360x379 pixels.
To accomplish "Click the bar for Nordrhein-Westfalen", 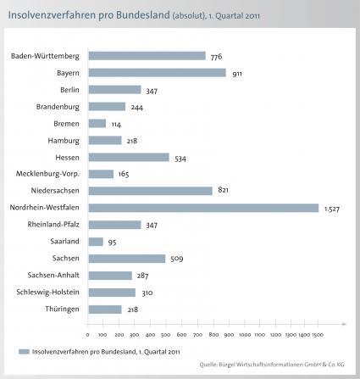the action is tap(203, 208).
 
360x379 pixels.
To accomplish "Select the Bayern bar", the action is tap(158, 73).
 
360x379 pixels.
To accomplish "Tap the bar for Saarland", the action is tap(96, 242).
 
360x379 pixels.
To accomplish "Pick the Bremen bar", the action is tap(97, 124).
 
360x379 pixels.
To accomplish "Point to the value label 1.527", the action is tap(332, 209).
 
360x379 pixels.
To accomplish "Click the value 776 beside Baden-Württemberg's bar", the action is tap(216, 57).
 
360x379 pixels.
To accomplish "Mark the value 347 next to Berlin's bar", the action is tap(152, 91).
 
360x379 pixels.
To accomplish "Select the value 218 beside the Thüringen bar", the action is tap(133, 309).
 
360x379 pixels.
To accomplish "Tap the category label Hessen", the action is tap(67, 158).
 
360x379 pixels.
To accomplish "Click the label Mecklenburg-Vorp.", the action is tap(47, 174).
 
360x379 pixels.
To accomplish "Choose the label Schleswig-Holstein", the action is tap(47, 292).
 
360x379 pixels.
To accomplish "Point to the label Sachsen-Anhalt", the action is tap(53, 275).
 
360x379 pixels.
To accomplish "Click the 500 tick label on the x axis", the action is tap(165, 335).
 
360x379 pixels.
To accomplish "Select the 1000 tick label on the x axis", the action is tap(245, 335).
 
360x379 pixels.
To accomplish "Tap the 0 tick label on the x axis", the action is tap(87, 335).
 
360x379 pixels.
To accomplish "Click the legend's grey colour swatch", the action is tap(24, 352).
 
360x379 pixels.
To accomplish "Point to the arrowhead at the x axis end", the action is tap(344, 324).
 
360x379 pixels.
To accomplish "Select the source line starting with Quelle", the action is tap(272, 365).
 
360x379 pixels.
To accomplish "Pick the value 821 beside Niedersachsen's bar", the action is tap(223, 190).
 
